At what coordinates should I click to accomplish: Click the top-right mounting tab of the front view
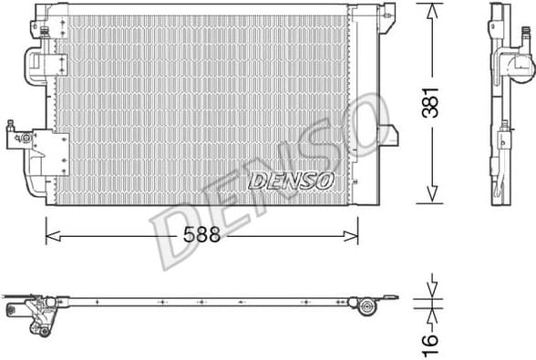click(389, 13)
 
